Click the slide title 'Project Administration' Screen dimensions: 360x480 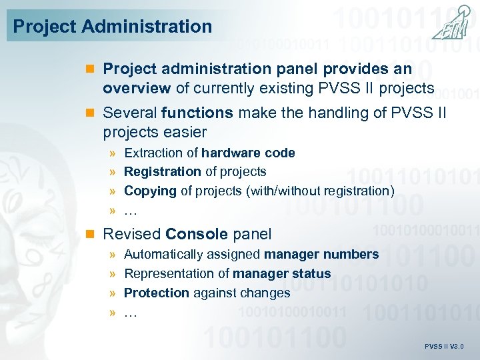[113, 27]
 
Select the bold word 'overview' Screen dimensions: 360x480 [135, 88]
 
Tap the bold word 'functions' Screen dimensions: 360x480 [195, 113]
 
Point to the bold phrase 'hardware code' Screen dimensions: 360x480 [248, 153]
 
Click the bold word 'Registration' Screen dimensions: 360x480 [163, 172]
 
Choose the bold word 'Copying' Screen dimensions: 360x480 [150, 191]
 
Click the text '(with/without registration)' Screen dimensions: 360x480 [320, 191]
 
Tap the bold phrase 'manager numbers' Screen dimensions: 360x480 [321, 254]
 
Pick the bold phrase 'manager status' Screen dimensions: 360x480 [281, 273]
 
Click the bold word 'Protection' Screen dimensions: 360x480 [157, 293]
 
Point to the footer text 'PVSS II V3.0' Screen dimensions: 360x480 [444, 347]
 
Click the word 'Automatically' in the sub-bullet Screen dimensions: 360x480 [159, 254]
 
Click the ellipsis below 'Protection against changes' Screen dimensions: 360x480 [131, 312]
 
